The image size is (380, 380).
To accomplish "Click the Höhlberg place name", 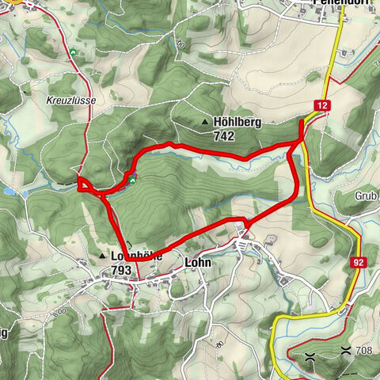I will tap(237, 123).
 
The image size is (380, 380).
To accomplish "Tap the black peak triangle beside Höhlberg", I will tap(206, 123).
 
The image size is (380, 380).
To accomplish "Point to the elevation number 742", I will tap(223, 135).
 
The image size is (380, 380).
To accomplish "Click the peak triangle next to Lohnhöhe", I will tap(103, 256).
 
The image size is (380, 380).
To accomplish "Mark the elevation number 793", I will tap(121, 270).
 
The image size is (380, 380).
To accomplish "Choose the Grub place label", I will tap(365, 194).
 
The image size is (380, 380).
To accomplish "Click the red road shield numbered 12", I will tap(323, 104).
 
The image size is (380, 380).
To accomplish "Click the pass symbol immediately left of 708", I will tap(345, 349).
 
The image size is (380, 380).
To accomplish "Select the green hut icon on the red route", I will tap(133, 178).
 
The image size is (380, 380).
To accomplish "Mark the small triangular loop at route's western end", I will tap(83, 184).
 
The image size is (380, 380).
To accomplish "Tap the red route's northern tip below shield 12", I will tap(302, 121).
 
